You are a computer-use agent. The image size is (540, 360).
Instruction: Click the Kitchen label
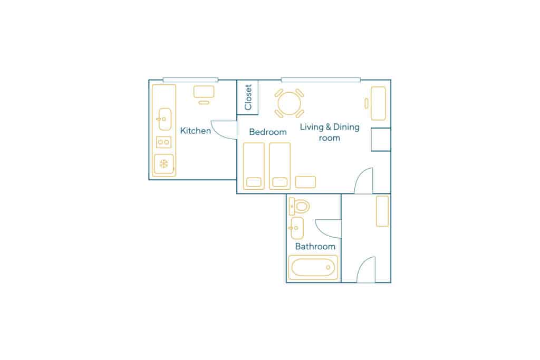click(x=195, y=131)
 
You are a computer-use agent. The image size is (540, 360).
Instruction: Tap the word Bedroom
click(x=268, y=132)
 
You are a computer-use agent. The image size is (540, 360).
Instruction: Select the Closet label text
click(x=248, y=98)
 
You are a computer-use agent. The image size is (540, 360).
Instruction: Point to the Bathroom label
click(x=315, y=247)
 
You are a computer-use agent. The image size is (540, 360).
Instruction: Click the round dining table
click(x=290, y=103)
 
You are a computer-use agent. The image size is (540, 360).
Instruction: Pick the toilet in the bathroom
click(x=300, y=207)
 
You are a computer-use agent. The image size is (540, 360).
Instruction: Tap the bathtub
click(x=313, y=267)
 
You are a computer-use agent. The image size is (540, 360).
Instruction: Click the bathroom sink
click(x=296, y=228)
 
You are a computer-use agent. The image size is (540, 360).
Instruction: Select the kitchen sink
click(x=165, y=119)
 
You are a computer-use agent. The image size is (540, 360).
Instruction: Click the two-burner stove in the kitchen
click(x=163, y=142)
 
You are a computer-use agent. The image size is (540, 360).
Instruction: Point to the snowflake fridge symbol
click(x=164, y=164)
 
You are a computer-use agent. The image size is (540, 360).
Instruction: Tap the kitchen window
click(x=190, y=80)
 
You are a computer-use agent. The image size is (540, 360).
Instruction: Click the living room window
click(x=321, y=80)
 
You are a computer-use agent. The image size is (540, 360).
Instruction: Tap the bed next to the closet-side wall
click(x=254, y=166)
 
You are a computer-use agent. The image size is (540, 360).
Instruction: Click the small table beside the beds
click(x=305, y=182)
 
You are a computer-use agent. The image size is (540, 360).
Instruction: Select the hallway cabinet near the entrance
click(x=382, y=211)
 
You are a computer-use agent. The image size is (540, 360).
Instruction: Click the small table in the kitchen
click(x=204, y=92)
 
